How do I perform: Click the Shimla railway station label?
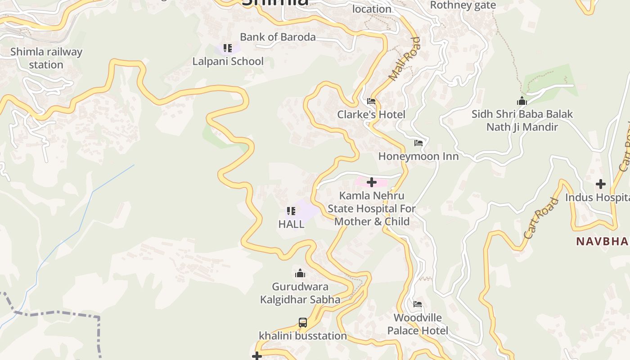click(46, 58)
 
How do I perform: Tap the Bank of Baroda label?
click(278, 37)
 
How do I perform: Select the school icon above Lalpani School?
click(228, 48)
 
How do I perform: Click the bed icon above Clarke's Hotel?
click(371, 101)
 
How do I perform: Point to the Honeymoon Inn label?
click(418, 156)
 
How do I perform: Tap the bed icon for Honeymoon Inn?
click(418, 143)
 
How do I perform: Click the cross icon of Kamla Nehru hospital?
click(372, 182)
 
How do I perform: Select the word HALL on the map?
click(291, 224)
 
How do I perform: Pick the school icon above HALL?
click(291, 211)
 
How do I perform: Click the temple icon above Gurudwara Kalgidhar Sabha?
click(300, 273)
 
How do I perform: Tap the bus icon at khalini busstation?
click(303, 323)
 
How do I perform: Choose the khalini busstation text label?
click(303, 336)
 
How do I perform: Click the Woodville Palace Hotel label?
click(418, 324)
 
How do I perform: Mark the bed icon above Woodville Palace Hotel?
click(418, 304)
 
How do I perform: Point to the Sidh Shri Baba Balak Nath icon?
click(522, 101)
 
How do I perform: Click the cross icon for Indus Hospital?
click(601, 184)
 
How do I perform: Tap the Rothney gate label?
click(463, 5)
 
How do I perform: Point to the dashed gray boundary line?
click(54, 312)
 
